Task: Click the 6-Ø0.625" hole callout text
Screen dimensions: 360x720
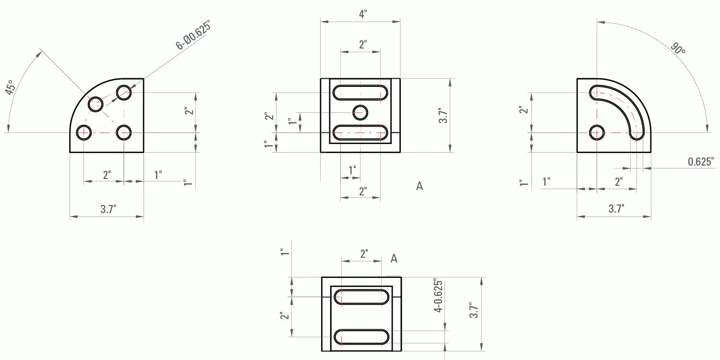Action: pos(193,35)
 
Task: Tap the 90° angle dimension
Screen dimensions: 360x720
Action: pos(678,48)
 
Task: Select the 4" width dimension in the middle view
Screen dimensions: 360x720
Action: pos(363,14)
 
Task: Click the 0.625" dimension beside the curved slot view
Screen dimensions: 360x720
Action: pos(700,162)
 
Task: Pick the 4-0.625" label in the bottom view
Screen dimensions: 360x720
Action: pos(437,296)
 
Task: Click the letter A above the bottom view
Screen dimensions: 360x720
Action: pos(394,259)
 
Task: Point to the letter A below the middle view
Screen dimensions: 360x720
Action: pos(420,186)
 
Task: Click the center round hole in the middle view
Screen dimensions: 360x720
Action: pos(360,112)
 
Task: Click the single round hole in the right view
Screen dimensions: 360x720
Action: pos(597,132)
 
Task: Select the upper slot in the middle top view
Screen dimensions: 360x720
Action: pos(360,93)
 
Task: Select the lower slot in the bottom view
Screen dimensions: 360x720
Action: pos(361,337)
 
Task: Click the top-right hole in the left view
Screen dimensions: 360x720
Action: pos(124,92)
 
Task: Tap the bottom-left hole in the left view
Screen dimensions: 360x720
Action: pos(84,132)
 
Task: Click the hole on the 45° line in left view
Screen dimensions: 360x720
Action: pos(95,104)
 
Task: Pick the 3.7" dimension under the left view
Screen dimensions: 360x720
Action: pos(108,209)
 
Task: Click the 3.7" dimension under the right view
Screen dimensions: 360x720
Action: pos(616,209)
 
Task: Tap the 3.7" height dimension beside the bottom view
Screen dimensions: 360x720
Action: pos(474,311)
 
